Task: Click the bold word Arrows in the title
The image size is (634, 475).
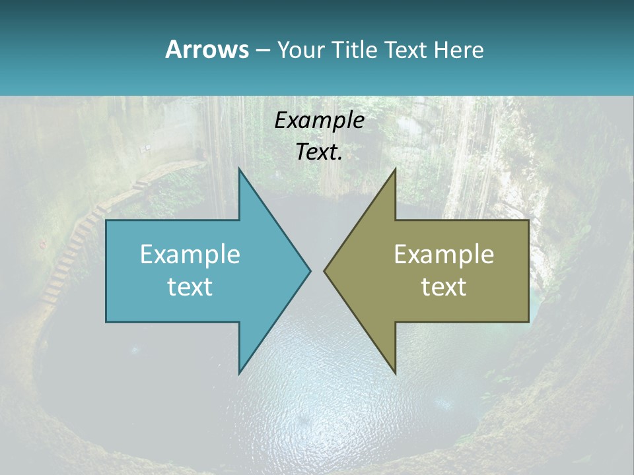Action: (206, 49)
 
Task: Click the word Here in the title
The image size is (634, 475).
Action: (458, 49)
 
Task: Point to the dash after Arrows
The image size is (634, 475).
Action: (262, 50)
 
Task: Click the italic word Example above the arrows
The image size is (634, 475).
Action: (320, 121)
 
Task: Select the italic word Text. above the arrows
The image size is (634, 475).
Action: (320, 152)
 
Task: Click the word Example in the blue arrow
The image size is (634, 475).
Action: (190, 255)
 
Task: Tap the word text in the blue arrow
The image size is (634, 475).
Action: (190, 287)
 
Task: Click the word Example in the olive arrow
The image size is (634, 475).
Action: (444, 255)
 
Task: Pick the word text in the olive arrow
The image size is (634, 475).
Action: (444, 287)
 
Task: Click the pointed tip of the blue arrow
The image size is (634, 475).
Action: (310, 270)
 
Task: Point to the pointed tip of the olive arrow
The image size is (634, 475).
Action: (325, 270)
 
